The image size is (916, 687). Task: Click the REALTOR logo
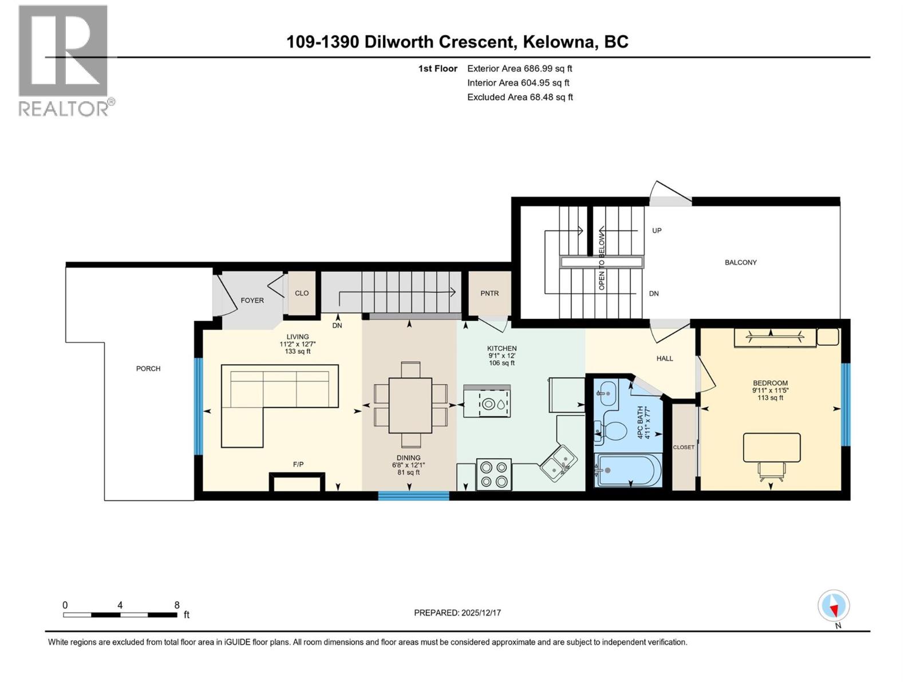pyautogui.click(x=63, y=60)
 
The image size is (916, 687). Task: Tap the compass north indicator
pyautogui.click(x=834, y=606)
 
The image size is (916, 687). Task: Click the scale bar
pyautogui.click(x=120, y=615)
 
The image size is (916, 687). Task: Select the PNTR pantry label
pyautogui.click(x=489, y=293)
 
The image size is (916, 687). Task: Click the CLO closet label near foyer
pyautogui.click(x=302, y=293)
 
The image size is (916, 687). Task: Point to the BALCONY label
pyautogui.click(x=740, y=262)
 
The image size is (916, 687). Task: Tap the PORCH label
pyautogui.click(x=148, y=369)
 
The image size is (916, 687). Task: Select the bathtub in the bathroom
pyautogui.click(x=628, y=471)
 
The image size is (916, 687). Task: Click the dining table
pyautogui.click(x=410, y=405)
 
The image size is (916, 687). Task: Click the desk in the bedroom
pyautogui.click(x=771, y=448)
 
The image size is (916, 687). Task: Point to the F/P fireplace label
pyautogui.click(x=298, y=464)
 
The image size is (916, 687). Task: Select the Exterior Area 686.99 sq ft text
pyautogui.click(x=519, y=69)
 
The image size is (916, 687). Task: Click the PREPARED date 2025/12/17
pyautogui.click(x=457, y=613)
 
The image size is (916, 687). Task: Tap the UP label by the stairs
pyautogui.click(x=657, y=231)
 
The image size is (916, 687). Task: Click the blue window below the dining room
pyautogui.click(x=413, y=496)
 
